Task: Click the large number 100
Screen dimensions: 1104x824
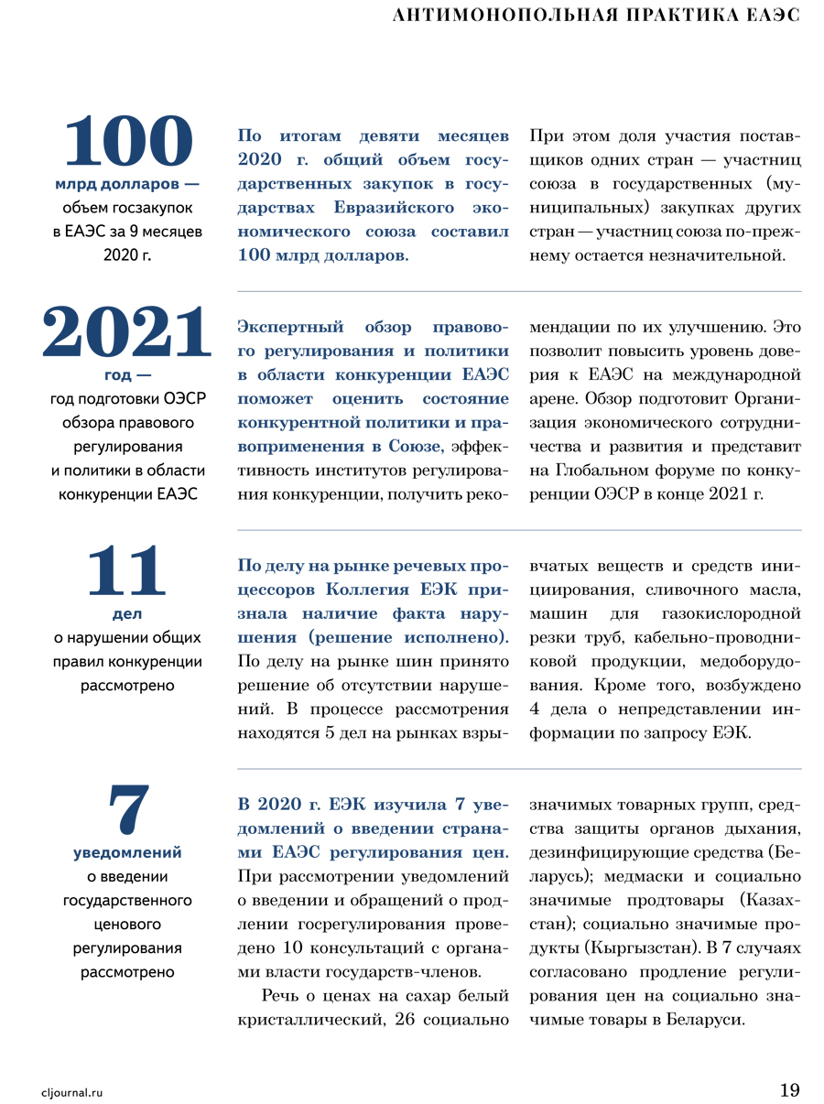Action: coord(127,143)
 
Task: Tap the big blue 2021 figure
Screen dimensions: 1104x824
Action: coord(127,333)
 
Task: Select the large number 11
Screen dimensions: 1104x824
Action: coord(127,571)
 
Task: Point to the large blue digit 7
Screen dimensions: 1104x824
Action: coord(127,809)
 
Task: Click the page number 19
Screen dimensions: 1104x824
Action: coord(789,1089)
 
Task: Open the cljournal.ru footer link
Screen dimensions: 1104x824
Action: coord(72,1091)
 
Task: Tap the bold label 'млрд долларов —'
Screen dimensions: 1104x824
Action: coord(127,185)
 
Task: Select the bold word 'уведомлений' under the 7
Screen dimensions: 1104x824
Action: coord(127,852)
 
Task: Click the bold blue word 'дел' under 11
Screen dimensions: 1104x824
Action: coord(127,613)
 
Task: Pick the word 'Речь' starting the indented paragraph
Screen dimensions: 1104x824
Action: coord(279,995)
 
